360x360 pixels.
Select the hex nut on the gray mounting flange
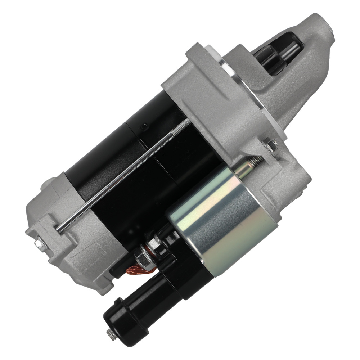click(270, 145)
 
